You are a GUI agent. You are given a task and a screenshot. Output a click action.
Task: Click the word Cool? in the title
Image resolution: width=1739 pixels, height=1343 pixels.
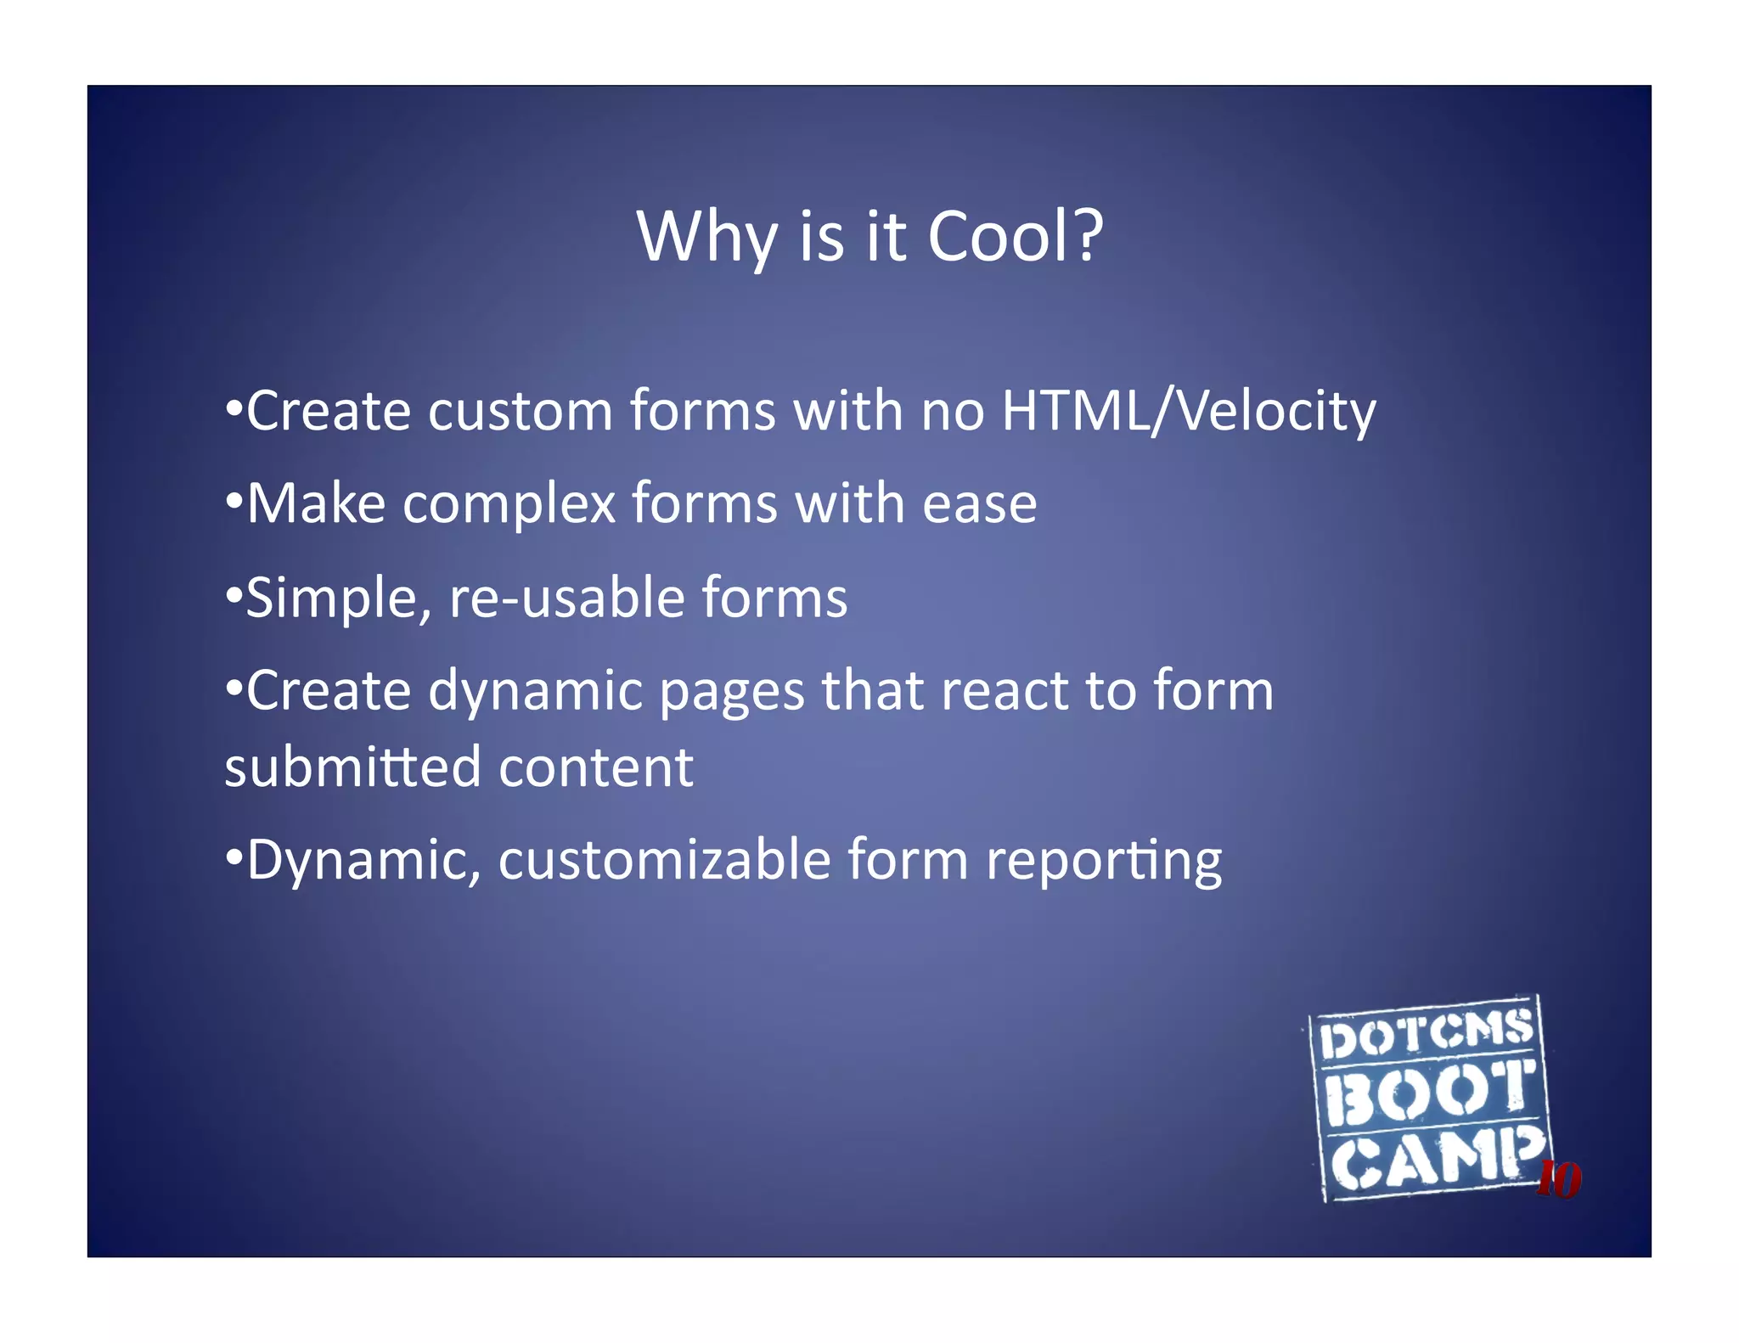pyautogui.click(x=1015, y=236)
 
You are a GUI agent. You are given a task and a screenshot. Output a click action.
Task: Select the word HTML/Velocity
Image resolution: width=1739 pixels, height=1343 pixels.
pyautogui.click(x=1189, y=412)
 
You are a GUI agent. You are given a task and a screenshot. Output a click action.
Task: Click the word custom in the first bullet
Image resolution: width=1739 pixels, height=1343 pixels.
pyautogui.click(x=520, y=412)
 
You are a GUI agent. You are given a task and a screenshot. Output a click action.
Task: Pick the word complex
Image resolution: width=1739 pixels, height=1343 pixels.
pyautogui.click(x=509, y=505)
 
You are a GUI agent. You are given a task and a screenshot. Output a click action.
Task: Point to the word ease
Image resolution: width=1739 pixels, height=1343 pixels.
pyautogui.click(x=979, y=505)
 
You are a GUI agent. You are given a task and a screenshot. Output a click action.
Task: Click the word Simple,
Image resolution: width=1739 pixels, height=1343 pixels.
pyautogui.click(x=339, y=598)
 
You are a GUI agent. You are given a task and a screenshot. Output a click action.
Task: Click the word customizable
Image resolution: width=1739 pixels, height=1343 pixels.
pyautogui.click(x=664, y=860)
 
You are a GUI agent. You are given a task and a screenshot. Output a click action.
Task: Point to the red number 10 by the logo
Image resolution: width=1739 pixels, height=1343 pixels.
pyautogui.click(x=1559, y=1180)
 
